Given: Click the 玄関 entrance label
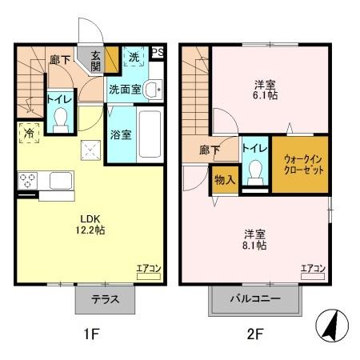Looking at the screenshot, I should tap(96, 61).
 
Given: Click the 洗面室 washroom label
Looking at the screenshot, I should tap(126, 90).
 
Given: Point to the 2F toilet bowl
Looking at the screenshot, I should tap(254, 171).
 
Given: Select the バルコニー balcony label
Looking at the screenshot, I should tap(256, 301).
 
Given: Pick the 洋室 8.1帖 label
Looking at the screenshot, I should tap(255, 239).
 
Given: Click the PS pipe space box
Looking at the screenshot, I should tap(158, 53).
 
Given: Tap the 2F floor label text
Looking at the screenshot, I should tap(254, 335).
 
